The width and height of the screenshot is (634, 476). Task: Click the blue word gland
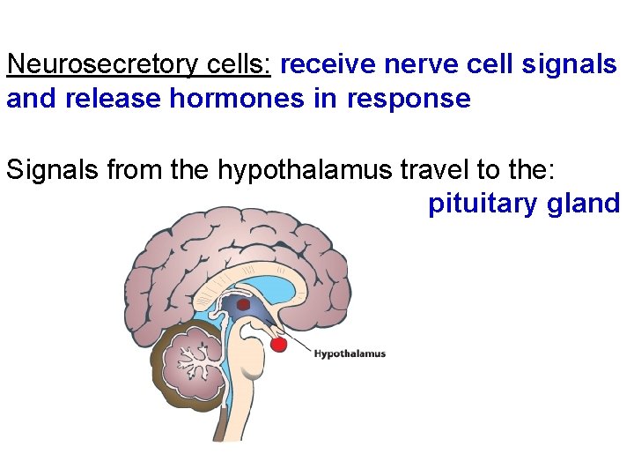(x=584, y=205)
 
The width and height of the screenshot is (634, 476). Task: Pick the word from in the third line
(x=133, y=168)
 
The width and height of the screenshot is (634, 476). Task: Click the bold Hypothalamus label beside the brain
(x=350, y=354)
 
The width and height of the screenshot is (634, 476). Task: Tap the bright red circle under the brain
(x=278, y=344)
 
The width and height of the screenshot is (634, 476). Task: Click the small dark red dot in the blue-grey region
(x=244, y=304)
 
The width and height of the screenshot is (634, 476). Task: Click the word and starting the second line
(x=26, y=99)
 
